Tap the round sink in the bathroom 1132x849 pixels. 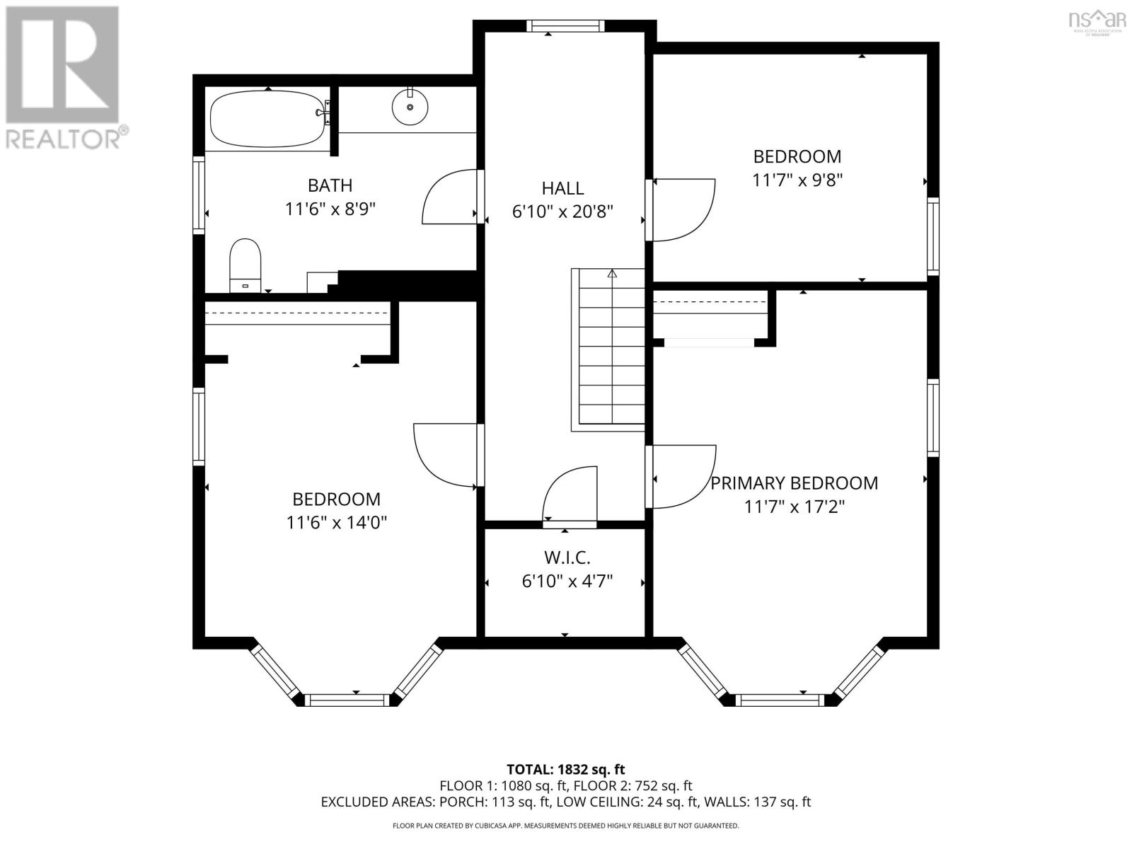(x=410, y=107)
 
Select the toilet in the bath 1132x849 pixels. (x=246, y=264)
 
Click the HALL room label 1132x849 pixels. (x=562, y=188)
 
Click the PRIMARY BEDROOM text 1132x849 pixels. (x=794, y=483)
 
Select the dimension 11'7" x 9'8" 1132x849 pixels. (x=797, y=180)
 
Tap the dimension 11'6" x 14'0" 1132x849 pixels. (x=336, y=523)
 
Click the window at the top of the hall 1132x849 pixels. (x=565, y=26)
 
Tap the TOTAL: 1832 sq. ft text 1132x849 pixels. (x=565, y=769)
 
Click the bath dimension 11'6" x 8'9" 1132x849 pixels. (x=330, y=209)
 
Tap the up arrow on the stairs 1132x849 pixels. (x=612, y=274)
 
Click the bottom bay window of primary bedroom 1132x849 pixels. (x=781, y=700)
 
